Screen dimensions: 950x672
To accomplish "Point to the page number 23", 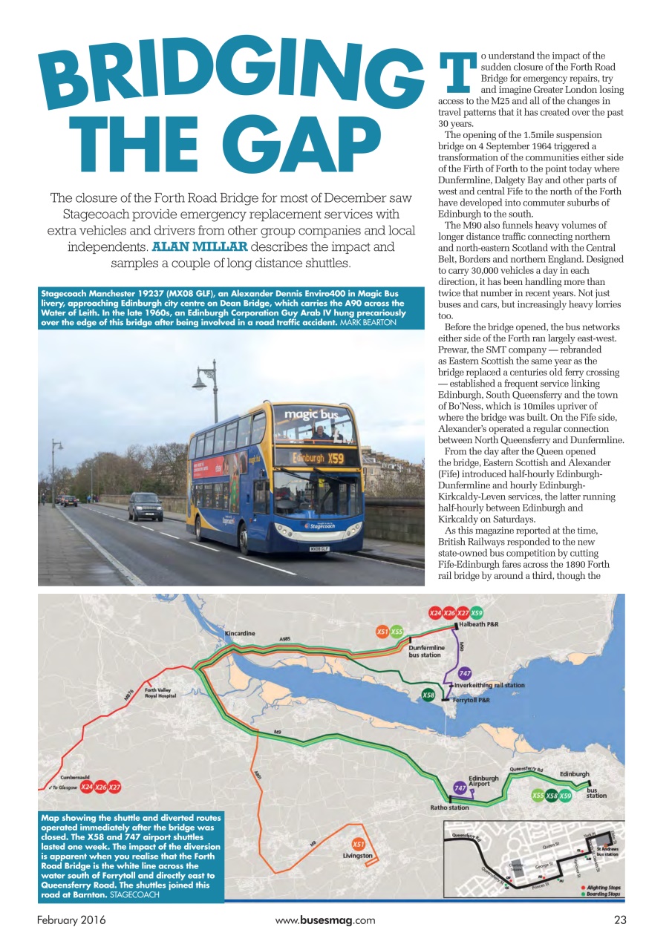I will pyautogui.click(x=620, y=920).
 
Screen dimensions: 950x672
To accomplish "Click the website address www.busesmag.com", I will pyautogui.click(x=324, y=920).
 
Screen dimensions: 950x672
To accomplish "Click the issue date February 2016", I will pyautogui.click(x=71, y=920).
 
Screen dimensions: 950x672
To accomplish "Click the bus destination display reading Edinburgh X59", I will pyautogui.click(x=316, y=457).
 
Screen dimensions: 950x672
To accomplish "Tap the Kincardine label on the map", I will pyautogui.click(x=240, y=633).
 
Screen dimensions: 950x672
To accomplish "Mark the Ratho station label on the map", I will pyautogui.click(x=450, y=807).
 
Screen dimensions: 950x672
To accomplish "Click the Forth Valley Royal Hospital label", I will pyautogui.click(x=161, y=693).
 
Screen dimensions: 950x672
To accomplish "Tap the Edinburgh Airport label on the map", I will pyautogui.click(x=483, y=781).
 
